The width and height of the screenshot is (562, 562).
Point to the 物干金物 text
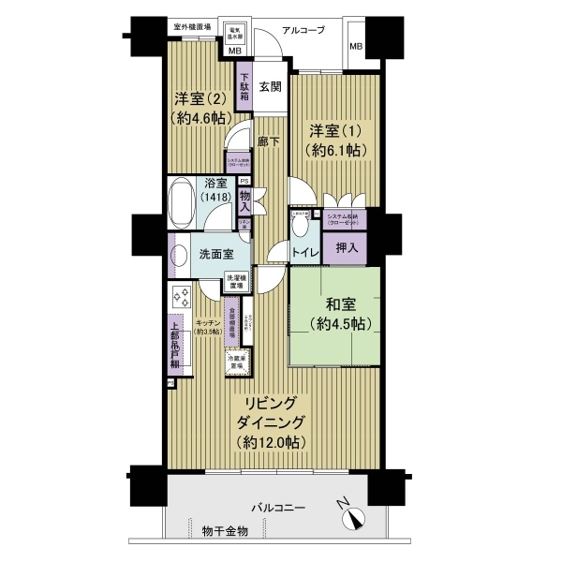click(x=225, y=531)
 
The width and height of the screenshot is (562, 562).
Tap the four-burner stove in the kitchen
click(x=178, y=300)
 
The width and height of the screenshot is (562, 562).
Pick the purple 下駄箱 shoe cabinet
click(x=244, y=86)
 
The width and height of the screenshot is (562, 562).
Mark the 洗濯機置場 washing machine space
click(x=236, y=280)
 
